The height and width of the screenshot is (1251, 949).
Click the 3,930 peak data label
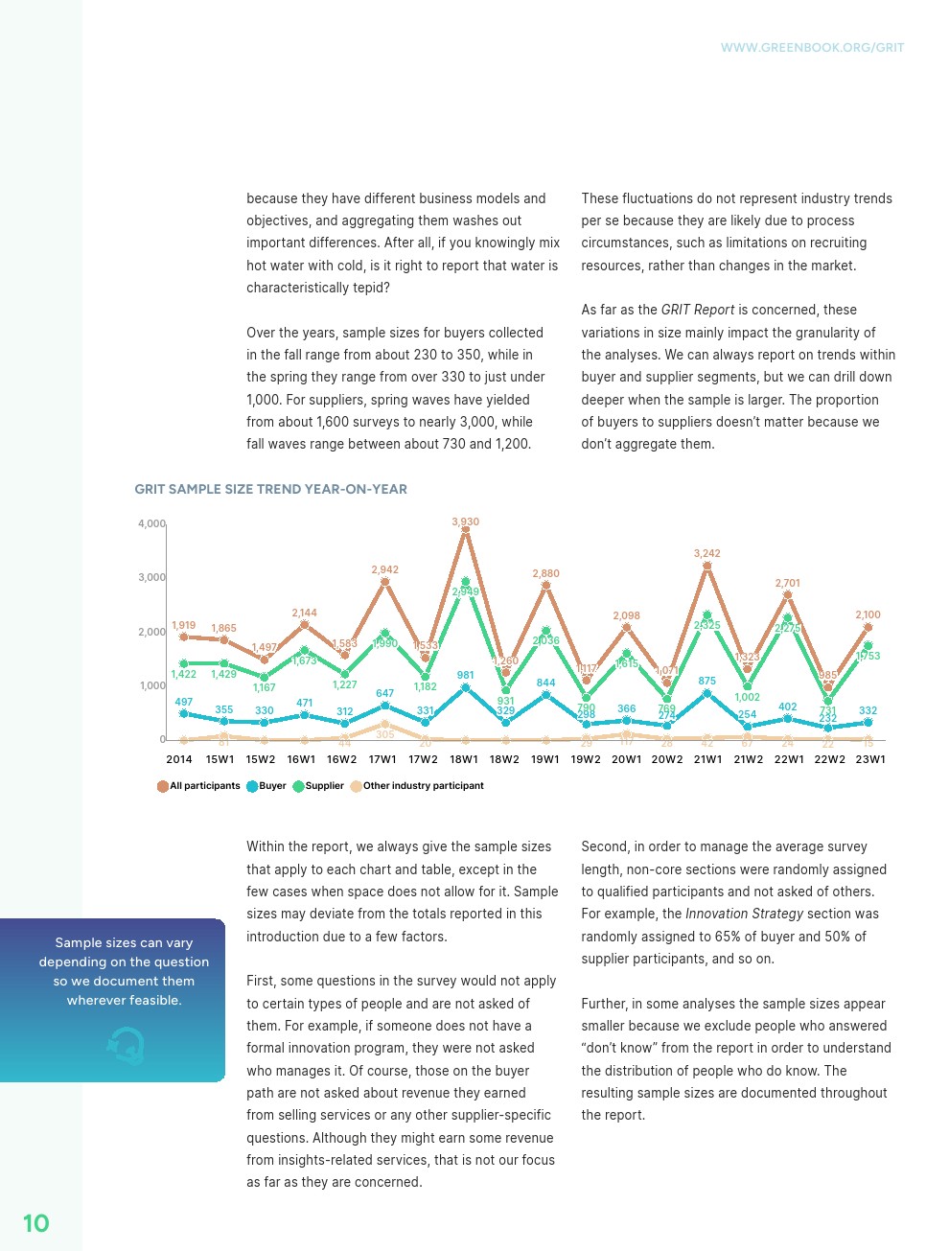465,522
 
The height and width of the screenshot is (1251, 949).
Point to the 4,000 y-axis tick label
151,524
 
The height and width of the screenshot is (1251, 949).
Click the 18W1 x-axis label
464,759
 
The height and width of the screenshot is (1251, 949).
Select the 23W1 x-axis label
870,759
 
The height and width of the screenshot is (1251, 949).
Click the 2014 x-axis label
179,759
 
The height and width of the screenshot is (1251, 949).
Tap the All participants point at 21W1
707,567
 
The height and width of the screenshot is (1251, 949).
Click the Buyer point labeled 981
466,687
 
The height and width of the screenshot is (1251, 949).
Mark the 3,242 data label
707,553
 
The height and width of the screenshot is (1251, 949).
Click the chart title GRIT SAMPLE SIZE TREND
270,489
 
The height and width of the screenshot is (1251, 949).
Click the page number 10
35,1223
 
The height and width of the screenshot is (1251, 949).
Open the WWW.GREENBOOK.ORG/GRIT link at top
812,47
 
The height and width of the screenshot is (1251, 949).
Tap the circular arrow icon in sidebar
126,1045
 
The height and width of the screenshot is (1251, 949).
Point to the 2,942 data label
384,569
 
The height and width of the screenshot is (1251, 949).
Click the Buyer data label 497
183,702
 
